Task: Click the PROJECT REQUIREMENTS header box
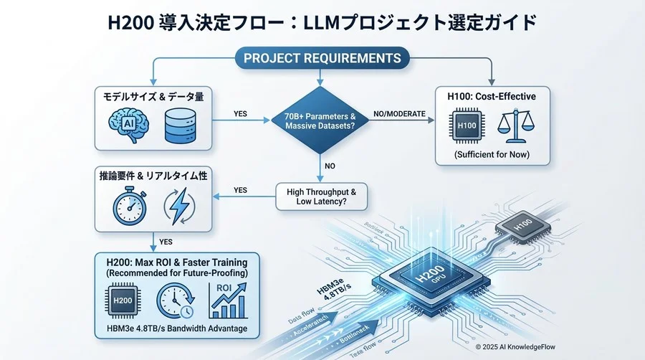322,57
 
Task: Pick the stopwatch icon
130,204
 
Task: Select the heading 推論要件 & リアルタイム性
153,176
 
